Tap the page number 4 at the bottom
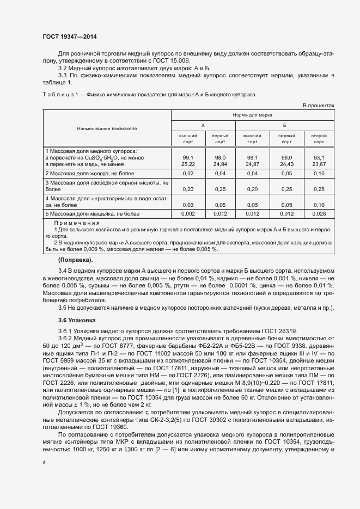(44, 462)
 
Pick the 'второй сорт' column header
(319, 138)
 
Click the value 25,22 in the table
(188, 163)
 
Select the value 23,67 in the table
(319, 163)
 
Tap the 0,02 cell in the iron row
(188, 173)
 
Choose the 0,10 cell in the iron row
(319, 173)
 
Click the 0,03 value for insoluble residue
(188, 205)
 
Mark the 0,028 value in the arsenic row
(319, 214)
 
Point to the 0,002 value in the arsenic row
(188, 214)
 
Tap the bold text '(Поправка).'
(75, 260)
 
